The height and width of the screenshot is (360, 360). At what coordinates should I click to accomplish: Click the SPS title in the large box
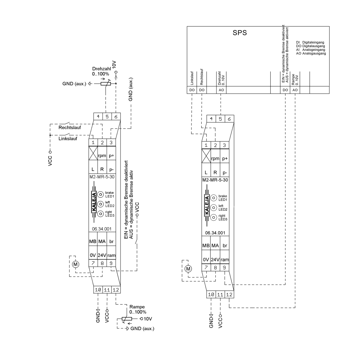pyautogui.click(x=240, y=33)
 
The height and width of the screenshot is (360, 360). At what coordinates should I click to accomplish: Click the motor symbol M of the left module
pyautogui.click(x=76, y=264)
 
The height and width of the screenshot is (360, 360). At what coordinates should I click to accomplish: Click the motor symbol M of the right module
pyautogui.click(x=188, y=269)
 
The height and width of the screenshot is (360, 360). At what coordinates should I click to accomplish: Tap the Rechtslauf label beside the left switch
pyautogui.click(x=69, y=127)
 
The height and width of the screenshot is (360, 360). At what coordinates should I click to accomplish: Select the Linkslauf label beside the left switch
pyautogui.click(x=68, y=139)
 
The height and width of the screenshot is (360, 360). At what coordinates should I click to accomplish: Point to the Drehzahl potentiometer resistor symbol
pyautogui.click(x=105, y=84)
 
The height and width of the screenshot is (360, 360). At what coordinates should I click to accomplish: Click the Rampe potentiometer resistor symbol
pyautogui.click(x=127, y=319)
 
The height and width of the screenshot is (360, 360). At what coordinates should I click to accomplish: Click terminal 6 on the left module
pyautogui.click(x=116, y=116)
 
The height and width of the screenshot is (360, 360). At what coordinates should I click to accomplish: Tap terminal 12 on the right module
pyautogui.click(x=229, y=294)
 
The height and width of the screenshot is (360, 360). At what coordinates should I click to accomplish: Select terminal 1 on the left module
pyautogui.click(x=93, y=143)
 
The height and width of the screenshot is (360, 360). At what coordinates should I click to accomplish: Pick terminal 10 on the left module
pyautogui.click(x=98, y=290)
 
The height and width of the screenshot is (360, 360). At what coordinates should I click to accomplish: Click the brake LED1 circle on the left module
pyautogui.click(x=100, y=194)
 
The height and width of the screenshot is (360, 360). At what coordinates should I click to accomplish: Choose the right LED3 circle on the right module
pyautogui.click(x=213, y=217)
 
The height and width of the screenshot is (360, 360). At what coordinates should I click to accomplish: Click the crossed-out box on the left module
pyautogui.click(x=93, y=153)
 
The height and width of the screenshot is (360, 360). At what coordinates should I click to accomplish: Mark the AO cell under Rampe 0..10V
pyautogui.click(x=295, y=90)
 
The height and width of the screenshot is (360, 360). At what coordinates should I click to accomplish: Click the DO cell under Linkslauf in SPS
pyautogui.click(x=192, y=90)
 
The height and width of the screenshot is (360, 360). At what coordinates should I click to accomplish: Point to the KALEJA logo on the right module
pyautogui.click(x=207, y=206)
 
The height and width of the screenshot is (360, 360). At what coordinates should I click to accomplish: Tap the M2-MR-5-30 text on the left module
pyautogui.click(x=102, y=177)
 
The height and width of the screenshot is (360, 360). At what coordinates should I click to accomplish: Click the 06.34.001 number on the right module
pyautogui.click(x=215, y=233)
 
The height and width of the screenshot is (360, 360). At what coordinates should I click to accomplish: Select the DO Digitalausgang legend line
pyautogui.click(x=310, y=46)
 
